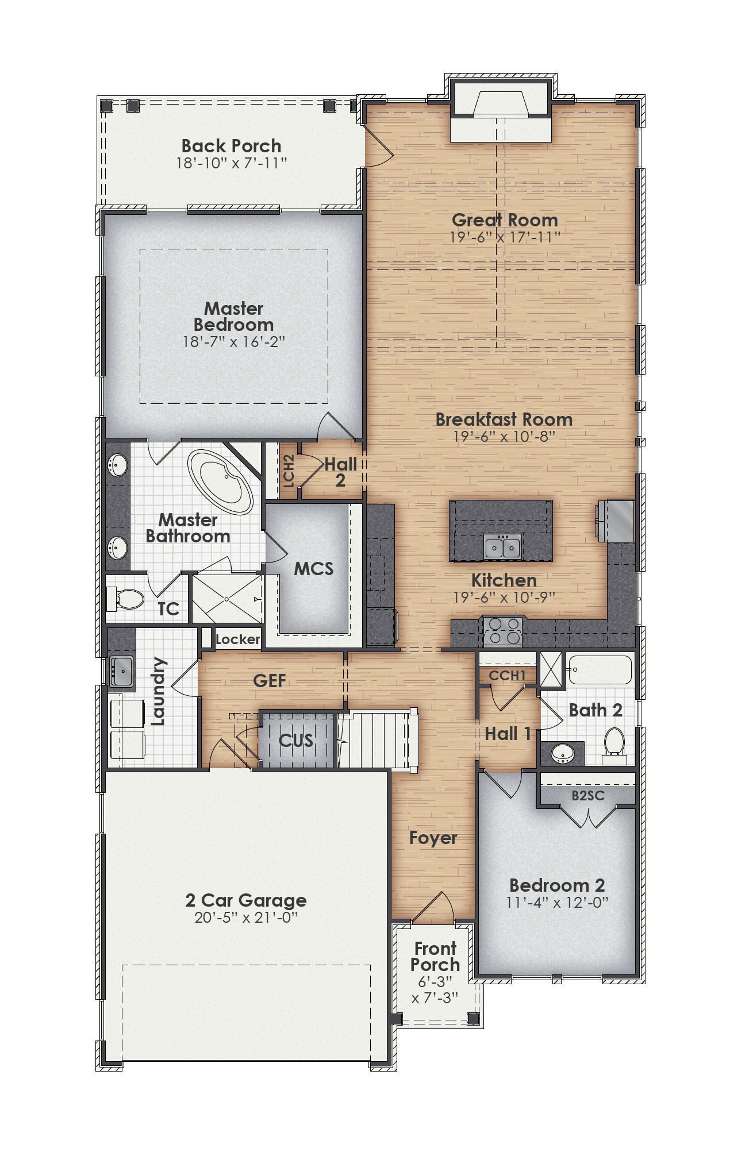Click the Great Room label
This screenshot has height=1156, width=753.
(x=505, y=220)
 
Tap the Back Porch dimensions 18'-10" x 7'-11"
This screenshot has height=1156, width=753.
(x=231, y=163)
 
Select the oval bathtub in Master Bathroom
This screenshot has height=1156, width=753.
(x=221, y=482)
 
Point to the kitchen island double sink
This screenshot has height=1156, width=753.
(x=502, y=546)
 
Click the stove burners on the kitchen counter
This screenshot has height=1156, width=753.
(x=503, y=631)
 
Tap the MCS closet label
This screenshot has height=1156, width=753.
(x=313, y=569)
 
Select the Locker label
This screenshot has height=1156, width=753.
(x=237, y=639)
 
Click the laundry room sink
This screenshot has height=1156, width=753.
(x=121, y=670)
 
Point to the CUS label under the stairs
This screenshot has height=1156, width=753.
(x=296, y=741)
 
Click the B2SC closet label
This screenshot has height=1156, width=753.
(x=587, y=796)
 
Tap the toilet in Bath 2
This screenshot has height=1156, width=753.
(x=614, y=745)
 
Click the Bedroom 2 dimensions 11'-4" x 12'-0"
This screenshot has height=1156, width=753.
(x=556, y=903)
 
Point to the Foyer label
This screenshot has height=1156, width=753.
(x=433, y=838)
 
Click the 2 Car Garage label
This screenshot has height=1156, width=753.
(x=246, y=900)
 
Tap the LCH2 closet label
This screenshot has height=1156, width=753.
(x=289, y=471)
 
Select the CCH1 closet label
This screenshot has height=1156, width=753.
(x=507, y=676)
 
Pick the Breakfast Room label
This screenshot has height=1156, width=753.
(x=504, y=419)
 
